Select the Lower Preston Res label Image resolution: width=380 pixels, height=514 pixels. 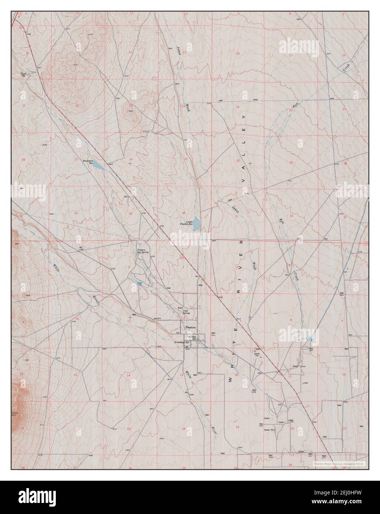[187, 223]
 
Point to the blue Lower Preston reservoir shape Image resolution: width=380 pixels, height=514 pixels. [198, 222]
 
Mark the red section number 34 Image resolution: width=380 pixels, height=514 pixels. [76, 213]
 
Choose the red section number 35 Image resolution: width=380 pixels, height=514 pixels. [130, 213]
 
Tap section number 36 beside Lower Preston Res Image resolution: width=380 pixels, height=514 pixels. [184, 213]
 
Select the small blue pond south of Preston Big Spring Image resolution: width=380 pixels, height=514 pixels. [139, 284]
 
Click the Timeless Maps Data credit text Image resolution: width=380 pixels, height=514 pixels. [339, 463]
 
